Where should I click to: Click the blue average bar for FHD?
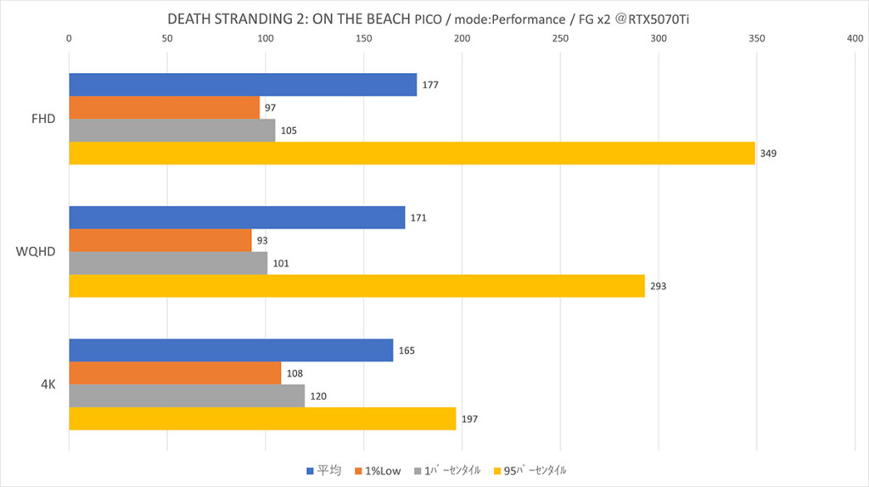[x=243, y=85]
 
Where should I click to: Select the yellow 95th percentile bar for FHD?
[x=412, y=154]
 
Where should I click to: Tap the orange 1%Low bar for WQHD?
[x=160, y=240]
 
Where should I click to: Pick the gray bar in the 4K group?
[x=187, y=395]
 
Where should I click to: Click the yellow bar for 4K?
[x=262, y=418]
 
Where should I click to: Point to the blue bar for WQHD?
[x=237, y=217]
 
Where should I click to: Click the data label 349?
[x=768, y=154]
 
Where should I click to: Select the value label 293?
[x=659, y=286]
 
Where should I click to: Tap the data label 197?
[x=469, y=418]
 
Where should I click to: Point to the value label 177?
[x=430, y=85]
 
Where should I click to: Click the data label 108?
[x=294, y=372]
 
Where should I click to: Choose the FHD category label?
[x=42, y=119]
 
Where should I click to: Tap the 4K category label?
[x=48, y=383]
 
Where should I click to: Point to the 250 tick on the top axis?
[x=560, y=38]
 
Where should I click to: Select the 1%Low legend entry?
[x=378, y=470]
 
